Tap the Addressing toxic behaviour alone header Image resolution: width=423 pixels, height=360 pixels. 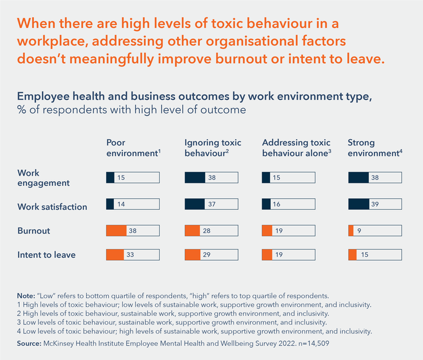pyautogui.click(x=297, y=148)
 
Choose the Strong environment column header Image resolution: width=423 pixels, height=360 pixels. pyautogui.click(x=374, y=148)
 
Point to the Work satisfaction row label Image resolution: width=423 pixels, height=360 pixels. pyautogui.click(x=52, y=207)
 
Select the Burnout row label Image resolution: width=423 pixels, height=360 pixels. pyautogui.click(x=34, y=231)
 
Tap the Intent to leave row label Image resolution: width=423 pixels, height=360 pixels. pyautogui.click(x=47, y=254)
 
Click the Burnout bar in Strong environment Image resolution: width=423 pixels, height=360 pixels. pyautogui.click(x=375, y=230)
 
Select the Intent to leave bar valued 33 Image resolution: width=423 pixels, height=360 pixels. pyautogui.click(x=133, y=254)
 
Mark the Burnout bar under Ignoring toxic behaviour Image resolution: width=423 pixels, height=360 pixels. pyautogui.click(x=211, y=230)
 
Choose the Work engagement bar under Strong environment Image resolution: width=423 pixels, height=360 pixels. pyautogui.click(x=375, y=177)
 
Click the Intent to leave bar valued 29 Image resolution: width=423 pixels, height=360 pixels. pyautogui.click(x=211, y=254)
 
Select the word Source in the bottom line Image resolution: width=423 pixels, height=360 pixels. pyautogui.click(x=30, y=343)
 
